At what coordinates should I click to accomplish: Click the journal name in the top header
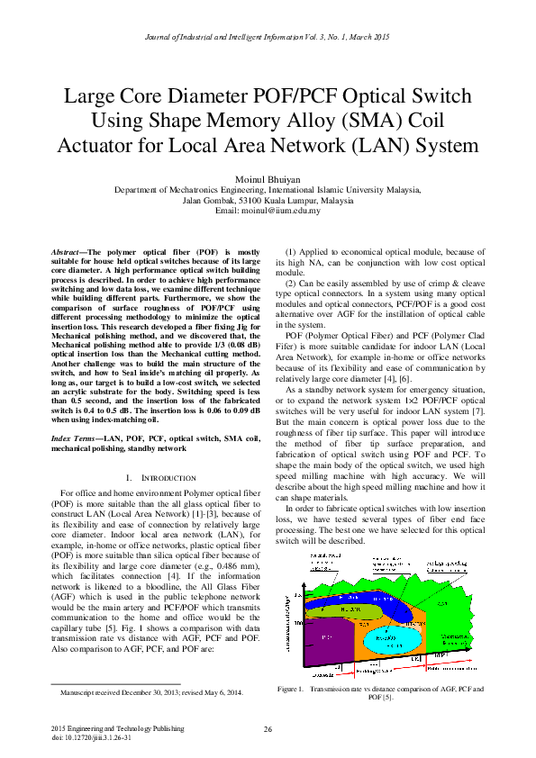coord(268,37)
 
